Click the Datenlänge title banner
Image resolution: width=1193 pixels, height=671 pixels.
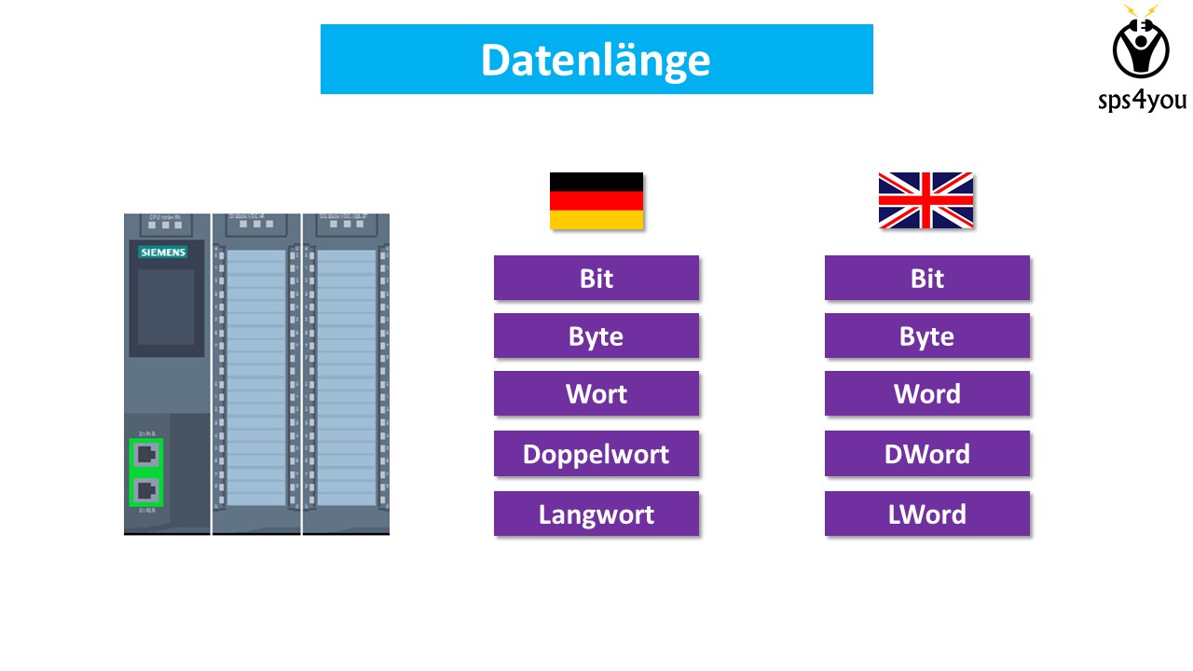point(596,60)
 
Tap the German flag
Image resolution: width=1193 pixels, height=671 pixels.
point(596,200)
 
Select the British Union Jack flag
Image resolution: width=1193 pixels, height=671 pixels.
point(926,199)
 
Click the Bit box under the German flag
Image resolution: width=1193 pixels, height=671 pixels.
point(596,278)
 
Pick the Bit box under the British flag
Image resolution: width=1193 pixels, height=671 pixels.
point(927,278)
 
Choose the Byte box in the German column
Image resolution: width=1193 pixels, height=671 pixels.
point(596,335)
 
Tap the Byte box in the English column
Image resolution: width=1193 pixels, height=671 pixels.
point(927,335)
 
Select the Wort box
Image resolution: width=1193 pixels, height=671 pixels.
point(596,393)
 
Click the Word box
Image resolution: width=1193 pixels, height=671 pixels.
point(927,393)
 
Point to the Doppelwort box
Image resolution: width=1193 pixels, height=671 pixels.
point(596,454)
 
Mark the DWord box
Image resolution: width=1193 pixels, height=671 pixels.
point(927,454)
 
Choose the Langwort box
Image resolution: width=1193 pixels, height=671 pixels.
point(596,514)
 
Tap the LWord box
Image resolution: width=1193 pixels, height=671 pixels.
point(927,514)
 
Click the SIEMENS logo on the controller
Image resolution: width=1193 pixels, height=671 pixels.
point(163,253)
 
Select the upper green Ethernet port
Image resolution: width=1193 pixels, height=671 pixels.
point(146,455)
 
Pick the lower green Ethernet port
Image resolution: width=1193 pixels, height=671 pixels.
point(146,490)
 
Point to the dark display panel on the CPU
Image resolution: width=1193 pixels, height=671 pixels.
point(166,308)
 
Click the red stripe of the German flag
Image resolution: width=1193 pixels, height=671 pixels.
point(596,200)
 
